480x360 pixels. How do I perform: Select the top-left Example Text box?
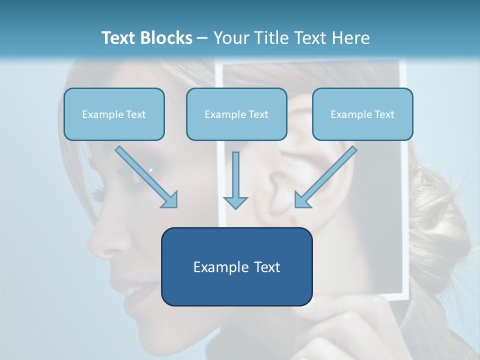pyautogui.click(x=114, y=114)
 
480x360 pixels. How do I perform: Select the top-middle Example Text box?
pyautogui.click(x=236, y=114)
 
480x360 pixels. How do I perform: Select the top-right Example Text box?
pyautogui.click(x=362, y=114)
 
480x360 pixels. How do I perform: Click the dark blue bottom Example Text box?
pyautogui.click(x=236, y=267)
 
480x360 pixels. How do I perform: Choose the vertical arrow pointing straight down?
pyautogui.click(x=235, y=180)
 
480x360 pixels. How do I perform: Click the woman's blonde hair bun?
pyautogui.click(x=440, y=220)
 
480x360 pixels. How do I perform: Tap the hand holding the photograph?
pyautogui.click(x=345, y=325)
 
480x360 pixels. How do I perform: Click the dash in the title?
pyautogui.click(x=202, y=38)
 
